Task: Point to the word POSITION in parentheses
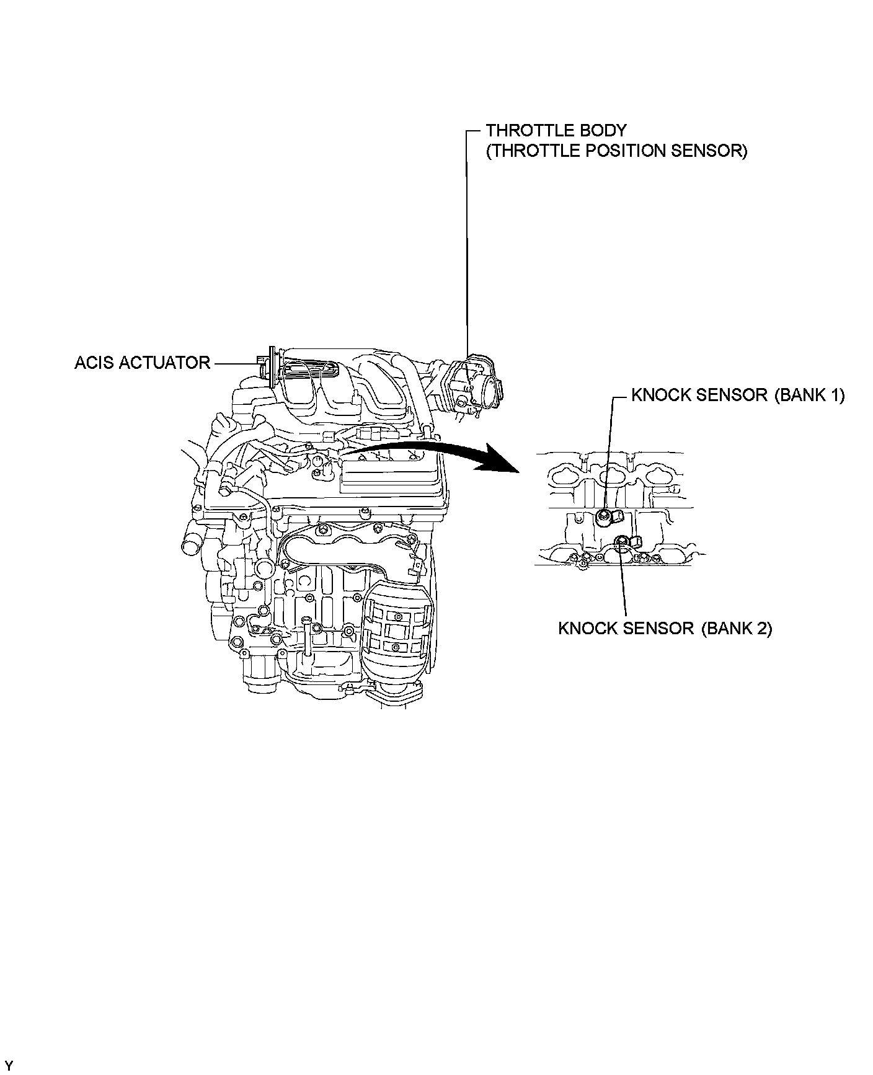(x=623, y=151)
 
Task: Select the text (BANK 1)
(x=809, y=395)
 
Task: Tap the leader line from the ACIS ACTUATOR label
(x=234, y=363)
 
